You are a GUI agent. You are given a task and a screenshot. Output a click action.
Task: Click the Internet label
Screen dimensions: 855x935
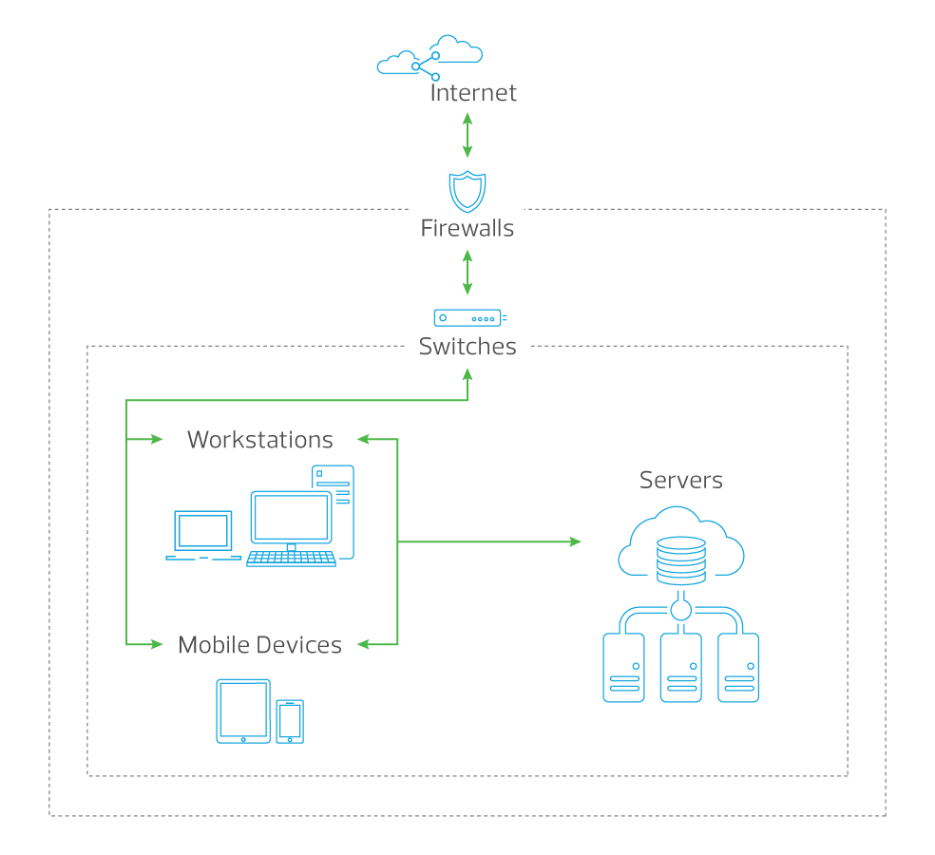point(473,93)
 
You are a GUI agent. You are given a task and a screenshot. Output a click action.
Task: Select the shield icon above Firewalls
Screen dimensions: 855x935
point(467,191)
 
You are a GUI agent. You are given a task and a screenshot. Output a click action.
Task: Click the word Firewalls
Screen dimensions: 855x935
point(467,229)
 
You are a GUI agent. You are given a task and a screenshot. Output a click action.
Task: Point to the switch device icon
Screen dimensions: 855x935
point(468,318)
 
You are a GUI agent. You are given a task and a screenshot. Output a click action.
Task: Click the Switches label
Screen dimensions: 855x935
point(467,347)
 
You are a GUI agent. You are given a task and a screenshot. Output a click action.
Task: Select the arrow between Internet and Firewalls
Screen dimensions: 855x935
point(467,135)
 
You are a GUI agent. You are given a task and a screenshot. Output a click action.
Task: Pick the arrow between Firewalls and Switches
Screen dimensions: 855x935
point(467,273)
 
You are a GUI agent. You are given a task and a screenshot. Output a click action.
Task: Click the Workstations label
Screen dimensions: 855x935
point(260,440)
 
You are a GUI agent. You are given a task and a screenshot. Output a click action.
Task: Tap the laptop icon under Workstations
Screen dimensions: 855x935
point(202,535)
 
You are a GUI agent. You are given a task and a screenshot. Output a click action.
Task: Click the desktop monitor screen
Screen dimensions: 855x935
point(291,518)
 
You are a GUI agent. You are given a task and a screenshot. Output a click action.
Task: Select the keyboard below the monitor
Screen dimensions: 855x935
point(291,559)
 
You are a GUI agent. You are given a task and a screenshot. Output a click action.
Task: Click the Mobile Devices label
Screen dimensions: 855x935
point(259,645)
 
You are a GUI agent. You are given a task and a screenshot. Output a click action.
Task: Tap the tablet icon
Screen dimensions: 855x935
point(243,712)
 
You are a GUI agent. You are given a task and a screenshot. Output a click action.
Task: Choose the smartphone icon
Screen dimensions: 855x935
point(290,722)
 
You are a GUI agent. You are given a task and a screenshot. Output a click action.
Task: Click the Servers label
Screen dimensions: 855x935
point(680,481)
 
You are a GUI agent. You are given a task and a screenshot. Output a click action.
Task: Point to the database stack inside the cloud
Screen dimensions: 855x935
point(681,560)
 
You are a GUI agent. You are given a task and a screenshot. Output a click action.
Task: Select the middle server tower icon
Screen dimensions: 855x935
point(681,668)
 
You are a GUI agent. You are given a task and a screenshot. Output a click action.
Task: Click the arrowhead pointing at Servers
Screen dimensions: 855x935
point(575,541)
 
